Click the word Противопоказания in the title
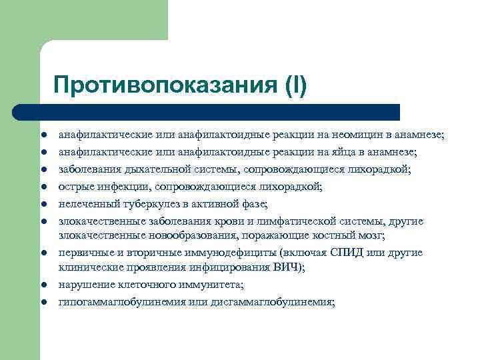pyautogui.click(x=155, y=86)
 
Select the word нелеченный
pyautogui.click(x=87, y=204)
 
